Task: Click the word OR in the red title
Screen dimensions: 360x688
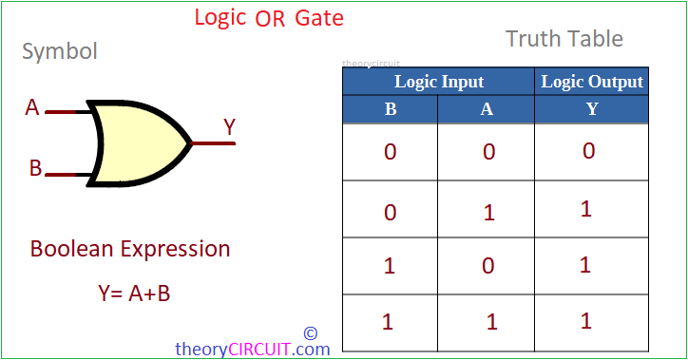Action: click(271, 18)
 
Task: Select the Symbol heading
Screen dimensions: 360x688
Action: click(60, 51)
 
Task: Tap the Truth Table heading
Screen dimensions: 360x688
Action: click(564, 39)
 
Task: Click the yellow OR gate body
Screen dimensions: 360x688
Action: click(139, 142)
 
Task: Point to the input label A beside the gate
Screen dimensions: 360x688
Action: click(33, 108)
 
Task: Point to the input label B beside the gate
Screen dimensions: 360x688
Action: click(35, 169)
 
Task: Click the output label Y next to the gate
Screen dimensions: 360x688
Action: click(230, 126)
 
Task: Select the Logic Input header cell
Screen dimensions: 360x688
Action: click(439, 82)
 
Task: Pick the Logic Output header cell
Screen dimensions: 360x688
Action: click(592, 82)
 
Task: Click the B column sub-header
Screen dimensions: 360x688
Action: click(391, 109)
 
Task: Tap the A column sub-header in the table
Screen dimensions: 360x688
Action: click(487, 109)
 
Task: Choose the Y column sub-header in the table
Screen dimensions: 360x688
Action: click(592, 109)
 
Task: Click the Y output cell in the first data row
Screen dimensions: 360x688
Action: click(589, 151)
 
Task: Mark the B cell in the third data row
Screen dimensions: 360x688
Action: click(389, 266)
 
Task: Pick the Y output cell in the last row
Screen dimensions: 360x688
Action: click(586, 321)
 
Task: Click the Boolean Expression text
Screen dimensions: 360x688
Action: click(130, 249)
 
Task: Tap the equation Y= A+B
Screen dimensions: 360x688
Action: click(134, 294)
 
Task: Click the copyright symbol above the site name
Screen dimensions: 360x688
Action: click(310, 333)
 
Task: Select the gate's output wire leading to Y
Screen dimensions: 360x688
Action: click(213, 143)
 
